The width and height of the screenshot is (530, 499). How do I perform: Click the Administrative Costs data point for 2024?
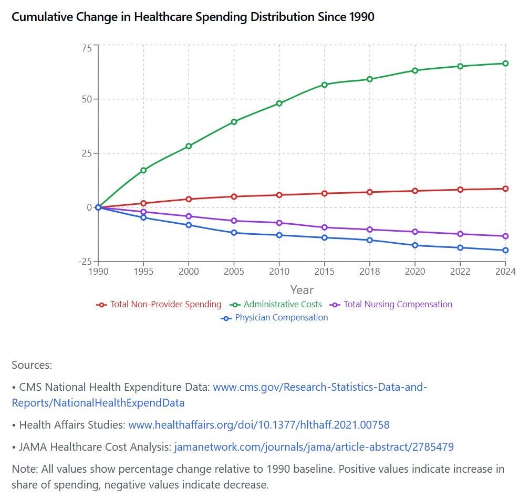[505, 64]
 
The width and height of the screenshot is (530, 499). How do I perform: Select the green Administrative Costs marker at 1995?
[143, 170]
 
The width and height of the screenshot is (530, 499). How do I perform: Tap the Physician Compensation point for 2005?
[234, 233]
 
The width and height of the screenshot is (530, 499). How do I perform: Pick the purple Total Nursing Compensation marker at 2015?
[324, 227]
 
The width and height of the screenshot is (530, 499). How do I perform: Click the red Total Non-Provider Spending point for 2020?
[415, 191]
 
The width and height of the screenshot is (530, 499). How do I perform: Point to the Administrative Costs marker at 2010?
[279, 103]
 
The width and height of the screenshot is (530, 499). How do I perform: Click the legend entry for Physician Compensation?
[281, 318]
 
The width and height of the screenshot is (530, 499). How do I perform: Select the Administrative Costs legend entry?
[283, 305]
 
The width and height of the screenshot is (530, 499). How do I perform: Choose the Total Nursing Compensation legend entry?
[398, 305]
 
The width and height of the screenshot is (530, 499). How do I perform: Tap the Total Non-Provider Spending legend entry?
[165, 305]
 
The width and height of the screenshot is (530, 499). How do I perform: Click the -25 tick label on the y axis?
[85, 262]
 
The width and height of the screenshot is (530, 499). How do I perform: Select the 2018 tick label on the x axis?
[370, 272]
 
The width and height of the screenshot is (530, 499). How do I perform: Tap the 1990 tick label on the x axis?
[98, 272]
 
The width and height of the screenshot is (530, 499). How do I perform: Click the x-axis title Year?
[302, 290]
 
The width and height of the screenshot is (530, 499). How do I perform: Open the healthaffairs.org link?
[259, 425]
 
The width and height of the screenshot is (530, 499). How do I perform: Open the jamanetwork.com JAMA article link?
[314, 447]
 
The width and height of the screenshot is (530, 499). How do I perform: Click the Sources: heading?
[32, 365]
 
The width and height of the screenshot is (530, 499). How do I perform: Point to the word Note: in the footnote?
[24, 469]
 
